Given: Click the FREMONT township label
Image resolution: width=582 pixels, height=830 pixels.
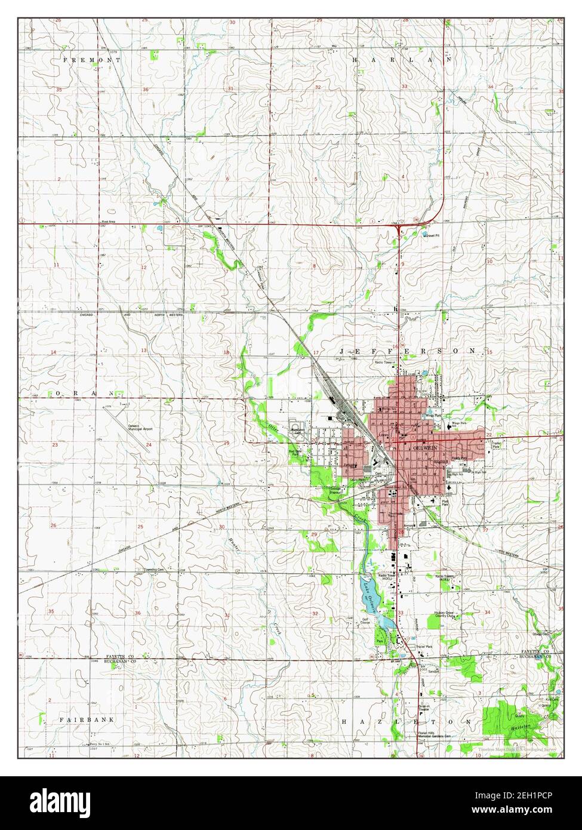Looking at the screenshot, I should pos(91,60).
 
